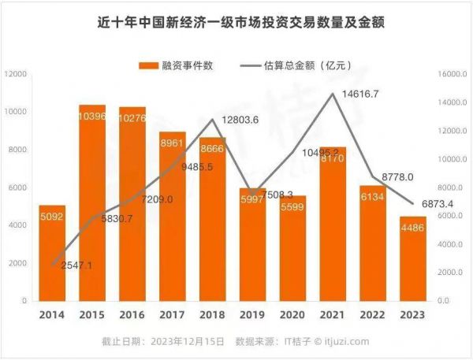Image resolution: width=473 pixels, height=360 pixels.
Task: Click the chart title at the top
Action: (x=236, y=21)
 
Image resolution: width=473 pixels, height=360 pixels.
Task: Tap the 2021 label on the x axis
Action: (x=333, y=314)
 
